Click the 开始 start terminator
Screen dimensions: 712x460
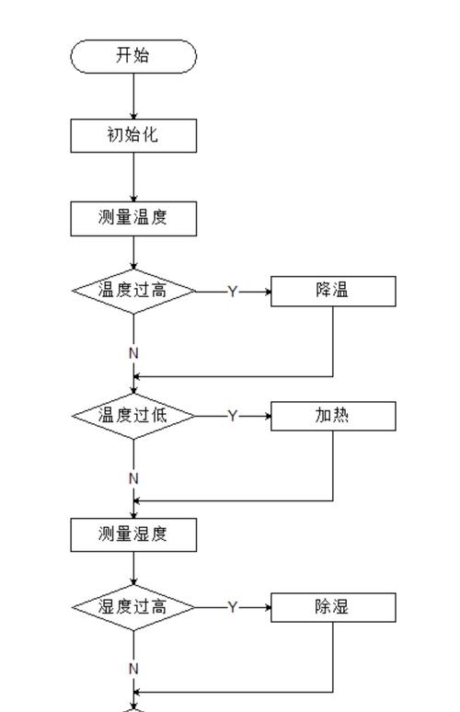click(133, 56)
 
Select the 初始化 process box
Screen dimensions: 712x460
click(133, 135)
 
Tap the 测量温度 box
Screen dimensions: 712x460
click(133, 218)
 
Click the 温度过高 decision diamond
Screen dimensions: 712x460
click(133, 291)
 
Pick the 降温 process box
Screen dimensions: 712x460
click(332, 291)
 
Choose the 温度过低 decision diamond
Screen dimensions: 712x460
click(133, 415)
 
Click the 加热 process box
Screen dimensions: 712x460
click(332, 415)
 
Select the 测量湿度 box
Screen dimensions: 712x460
click(133, 534)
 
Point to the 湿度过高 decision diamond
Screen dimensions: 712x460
click(133, 607)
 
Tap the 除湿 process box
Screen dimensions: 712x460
click(332, 607)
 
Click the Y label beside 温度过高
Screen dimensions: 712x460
click(233, 292)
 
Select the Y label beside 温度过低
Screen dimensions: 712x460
click(233, 416)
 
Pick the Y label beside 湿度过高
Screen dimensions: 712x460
click(233, 608)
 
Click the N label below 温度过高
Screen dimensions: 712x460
click(133, 353)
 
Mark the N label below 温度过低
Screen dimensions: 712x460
click(133, 478)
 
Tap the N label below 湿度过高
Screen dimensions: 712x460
click(133, 669)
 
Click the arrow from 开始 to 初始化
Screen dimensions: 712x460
click(133, 96)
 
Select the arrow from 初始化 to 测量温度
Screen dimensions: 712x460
click(133, 177)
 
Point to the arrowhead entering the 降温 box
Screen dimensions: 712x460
click(266, 292)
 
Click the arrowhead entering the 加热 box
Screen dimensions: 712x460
click(266, 416)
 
